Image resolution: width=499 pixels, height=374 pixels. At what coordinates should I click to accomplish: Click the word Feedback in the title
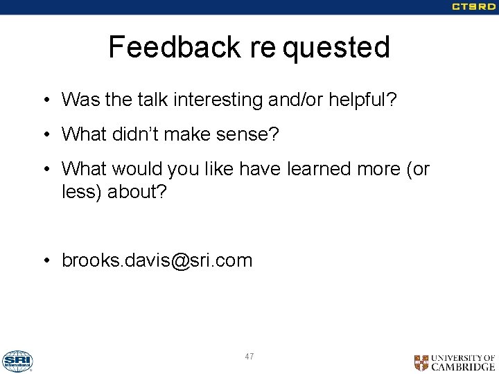click(173, 47)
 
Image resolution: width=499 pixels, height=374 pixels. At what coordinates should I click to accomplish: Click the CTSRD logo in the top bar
click(473, 7)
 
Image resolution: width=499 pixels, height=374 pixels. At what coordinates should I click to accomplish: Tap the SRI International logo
click(17, 361)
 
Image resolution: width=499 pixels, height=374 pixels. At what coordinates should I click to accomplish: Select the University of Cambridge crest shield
click(421, 362)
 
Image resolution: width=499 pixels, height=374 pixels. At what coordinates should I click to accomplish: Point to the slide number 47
click(249, 357)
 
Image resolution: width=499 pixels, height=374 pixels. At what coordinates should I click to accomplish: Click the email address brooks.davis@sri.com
click(157, 260)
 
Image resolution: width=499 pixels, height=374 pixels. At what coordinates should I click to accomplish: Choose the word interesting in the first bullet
click(218, 100)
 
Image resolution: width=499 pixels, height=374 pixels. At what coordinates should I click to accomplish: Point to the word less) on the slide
click(82, 191)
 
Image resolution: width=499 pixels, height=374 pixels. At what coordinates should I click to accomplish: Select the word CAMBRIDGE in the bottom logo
click(463, 367)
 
